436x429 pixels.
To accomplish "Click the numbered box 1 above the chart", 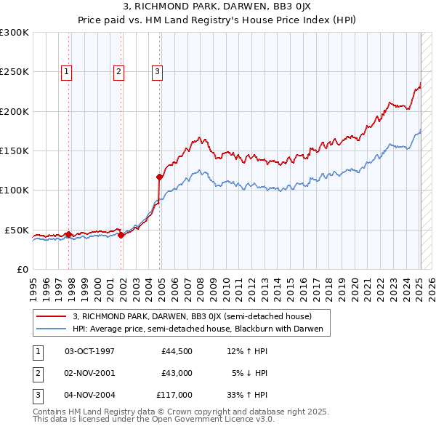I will pos(66,71).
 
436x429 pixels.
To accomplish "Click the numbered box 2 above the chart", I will pos(118,71).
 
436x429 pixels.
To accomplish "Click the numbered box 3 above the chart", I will pos(157,71).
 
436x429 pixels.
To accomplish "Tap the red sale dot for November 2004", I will pos(159,177).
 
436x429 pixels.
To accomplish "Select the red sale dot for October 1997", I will pos(68,234).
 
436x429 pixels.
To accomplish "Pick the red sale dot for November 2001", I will pos(121,235).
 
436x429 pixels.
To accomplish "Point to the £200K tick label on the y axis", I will pos(15,111).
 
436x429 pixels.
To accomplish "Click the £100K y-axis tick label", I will pos(15,190).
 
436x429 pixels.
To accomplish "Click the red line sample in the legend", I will pos(51,316).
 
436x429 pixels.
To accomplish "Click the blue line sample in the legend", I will pos(51,329).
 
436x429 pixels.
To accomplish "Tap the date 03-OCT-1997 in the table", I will pos(89,351).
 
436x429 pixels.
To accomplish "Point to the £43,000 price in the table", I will pos(177,373).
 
